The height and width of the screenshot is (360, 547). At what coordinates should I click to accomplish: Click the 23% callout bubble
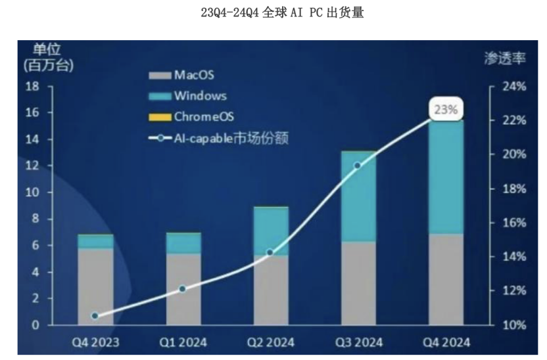(446, 110)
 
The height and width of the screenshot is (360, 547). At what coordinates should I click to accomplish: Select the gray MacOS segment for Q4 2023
(95, 286)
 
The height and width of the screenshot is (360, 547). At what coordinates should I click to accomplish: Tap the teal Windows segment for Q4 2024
(446, 177)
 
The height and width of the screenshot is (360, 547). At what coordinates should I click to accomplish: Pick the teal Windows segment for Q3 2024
(358, 197)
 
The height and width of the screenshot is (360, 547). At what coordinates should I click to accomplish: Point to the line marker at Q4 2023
(95, 316)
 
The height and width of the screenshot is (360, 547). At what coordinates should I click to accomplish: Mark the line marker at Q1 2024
(183, 288)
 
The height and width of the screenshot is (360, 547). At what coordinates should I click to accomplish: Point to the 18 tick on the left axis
(32, 87)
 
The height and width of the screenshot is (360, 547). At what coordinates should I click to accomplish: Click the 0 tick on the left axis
(36, 325)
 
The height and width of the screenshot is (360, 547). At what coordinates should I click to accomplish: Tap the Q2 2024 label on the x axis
(270, 342)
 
